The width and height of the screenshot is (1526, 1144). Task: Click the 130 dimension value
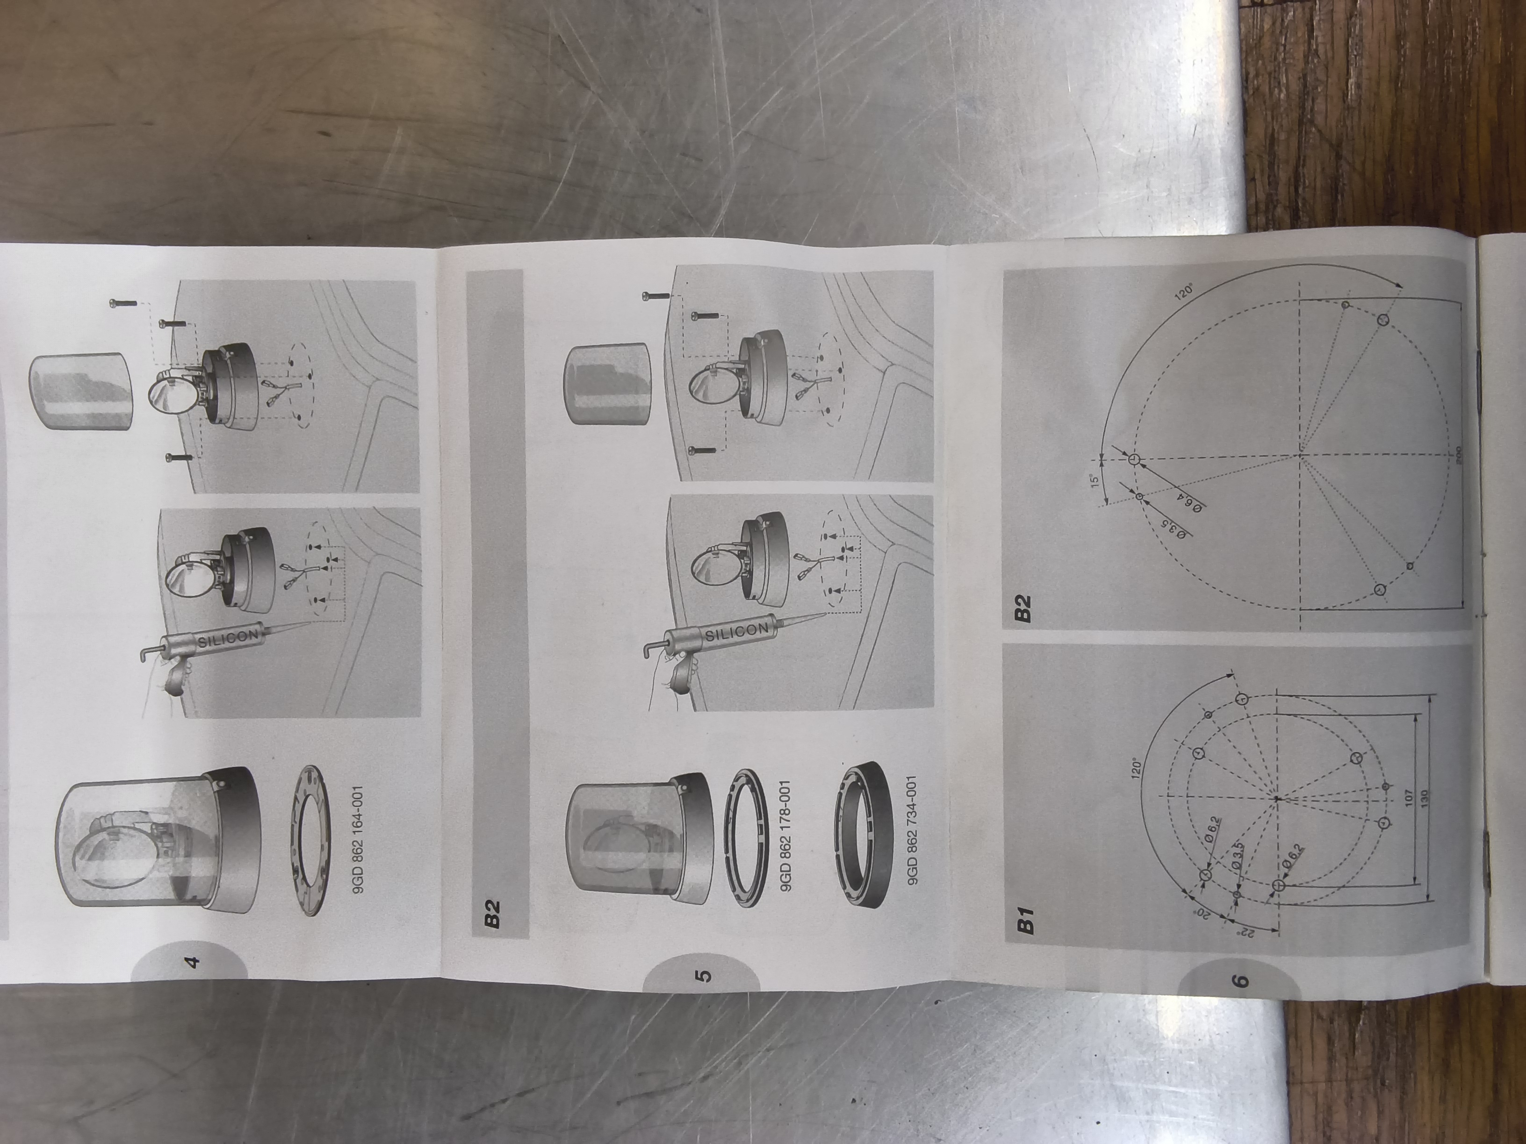[1424, 798]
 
